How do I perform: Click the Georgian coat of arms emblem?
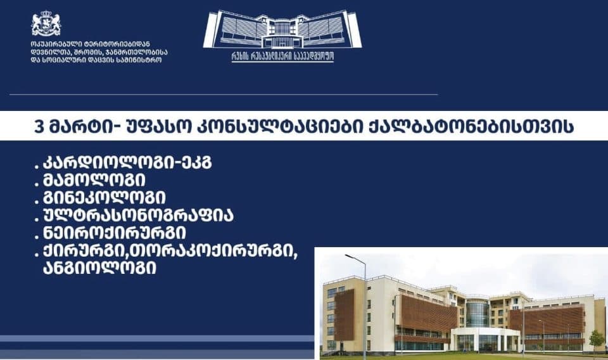[x=46, y=23]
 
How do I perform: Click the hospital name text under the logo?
[x=282, y=56]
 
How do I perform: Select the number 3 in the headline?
[x=40, y=127]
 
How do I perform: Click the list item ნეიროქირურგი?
[x=114, y=232]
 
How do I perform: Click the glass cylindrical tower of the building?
[x=478, y=313]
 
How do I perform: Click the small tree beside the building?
[x=596, y=339]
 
